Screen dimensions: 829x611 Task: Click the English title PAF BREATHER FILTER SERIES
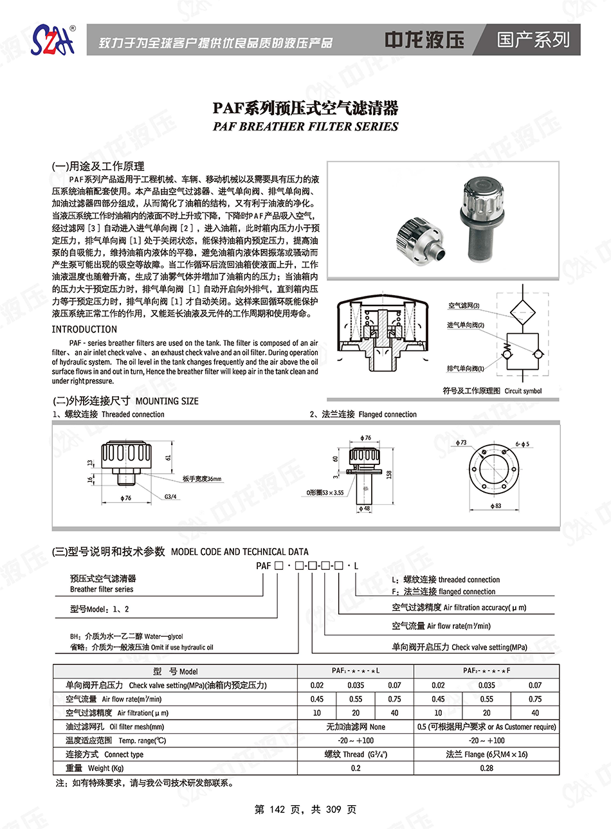(305, 127)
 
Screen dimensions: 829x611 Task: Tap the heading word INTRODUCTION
(84, 329)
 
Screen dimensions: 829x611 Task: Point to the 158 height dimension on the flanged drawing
(389, 475)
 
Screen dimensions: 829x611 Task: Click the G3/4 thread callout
(170, 496)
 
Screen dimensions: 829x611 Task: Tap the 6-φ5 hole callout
(522, 444)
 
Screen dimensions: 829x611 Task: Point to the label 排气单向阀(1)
(465, 369)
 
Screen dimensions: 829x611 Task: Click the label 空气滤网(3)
(464, 306)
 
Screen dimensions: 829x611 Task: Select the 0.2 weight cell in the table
(356, 768)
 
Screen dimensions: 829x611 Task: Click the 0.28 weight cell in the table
(487, 768)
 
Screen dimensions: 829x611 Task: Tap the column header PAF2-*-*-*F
(487, 671)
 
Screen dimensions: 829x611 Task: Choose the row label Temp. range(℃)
(116, 740)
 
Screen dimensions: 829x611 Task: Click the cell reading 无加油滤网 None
(356, 727)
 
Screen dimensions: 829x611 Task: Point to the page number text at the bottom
(305, 809)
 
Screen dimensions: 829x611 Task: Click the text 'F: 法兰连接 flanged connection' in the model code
(444, 592)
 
